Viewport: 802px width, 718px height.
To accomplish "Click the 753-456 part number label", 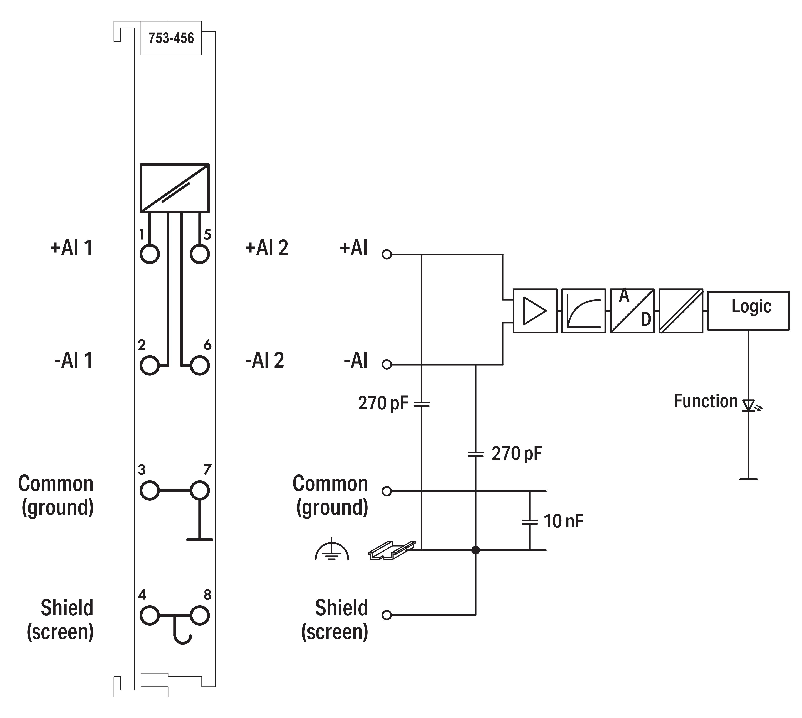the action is [171, 38].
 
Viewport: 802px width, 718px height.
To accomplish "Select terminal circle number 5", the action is [199, 254].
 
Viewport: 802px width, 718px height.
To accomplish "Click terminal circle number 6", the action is [199, 365].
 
